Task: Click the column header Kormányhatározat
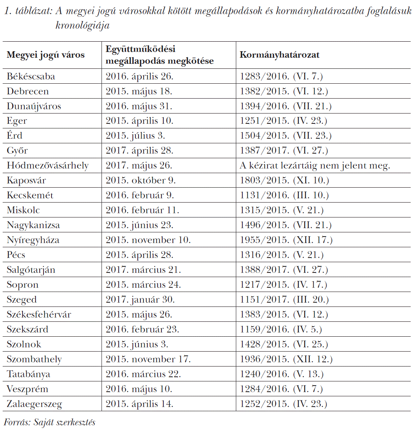tap(280, 55)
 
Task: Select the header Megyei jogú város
tap(46, 55)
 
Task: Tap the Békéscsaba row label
tap(31, 76)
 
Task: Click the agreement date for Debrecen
tap(139, 91)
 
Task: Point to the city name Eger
tap(17, 121)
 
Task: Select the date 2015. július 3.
tap(135, 136)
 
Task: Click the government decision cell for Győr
tap(284, 151)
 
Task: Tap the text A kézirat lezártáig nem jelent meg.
tap(315, 165)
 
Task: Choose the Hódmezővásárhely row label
tap(48, 165)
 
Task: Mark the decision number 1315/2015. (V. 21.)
tap(282, 210)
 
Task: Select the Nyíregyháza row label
tap(33, 240)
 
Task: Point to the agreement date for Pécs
tap(140, 255)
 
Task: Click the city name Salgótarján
tap(31, 270)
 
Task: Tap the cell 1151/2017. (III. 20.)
tap(284, 300)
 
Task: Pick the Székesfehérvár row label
tap(39, 315)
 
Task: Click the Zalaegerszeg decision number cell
tap(284, 404)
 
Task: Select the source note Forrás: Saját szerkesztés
tap(50, 422)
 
